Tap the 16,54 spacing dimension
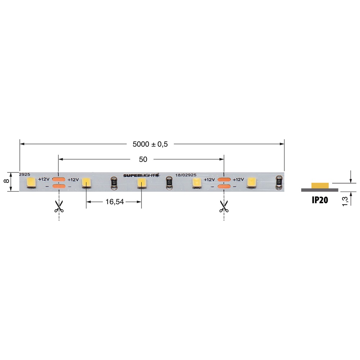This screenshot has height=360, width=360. pos(114,202)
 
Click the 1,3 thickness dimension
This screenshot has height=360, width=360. pos(345,199)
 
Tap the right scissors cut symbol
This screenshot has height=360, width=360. pos(224,206)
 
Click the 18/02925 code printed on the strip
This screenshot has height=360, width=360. pos(186,175)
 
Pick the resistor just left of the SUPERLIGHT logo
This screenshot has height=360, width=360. pos(114,183)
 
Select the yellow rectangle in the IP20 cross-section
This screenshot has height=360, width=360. pos(320,185)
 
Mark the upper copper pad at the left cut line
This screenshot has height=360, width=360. pos(58,179)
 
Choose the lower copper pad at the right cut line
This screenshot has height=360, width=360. pos(224,186)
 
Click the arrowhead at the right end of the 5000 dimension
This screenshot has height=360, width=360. pos(282,144)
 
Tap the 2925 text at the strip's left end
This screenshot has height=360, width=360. pos(24,175)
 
